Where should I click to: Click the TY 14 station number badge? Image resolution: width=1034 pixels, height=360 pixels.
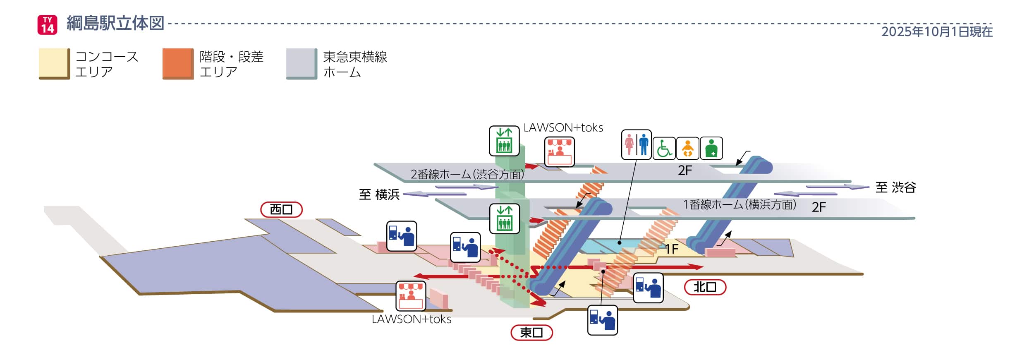[x=47, y=24]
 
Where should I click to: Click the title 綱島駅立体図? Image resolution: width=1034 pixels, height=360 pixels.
[x=115, y=23]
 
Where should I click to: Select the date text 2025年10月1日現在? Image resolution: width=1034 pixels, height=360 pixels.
[x=936, y=32]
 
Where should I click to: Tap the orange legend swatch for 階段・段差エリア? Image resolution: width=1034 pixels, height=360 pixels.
[x=178, y=64]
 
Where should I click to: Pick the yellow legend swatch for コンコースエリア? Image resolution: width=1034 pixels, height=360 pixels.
[x=54, y=64]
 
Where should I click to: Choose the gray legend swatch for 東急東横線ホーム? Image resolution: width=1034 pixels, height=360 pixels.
[x=302, y=64]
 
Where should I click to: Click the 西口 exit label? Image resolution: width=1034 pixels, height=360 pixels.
[x=281, y=210]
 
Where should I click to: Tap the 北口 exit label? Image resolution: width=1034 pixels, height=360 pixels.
[x=705, y=287]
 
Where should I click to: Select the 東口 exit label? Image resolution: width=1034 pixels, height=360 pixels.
[x=531, y=332]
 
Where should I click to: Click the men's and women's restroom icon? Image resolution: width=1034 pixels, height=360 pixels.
[x=636, y=145]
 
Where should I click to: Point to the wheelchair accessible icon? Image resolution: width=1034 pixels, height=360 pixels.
[x=664, y=149]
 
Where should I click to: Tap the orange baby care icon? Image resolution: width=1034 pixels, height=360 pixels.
[x=687, y=149]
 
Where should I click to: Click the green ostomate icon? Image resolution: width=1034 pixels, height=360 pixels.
[x=711, y=149]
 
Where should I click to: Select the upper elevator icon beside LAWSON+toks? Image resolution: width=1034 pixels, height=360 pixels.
[x=504, y=141]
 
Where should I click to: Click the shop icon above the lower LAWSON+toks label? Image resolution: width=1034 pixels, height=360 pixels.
[x=410, y=296]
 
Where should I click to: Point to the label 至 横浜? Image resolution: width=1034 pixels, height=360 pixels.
[x=379, y=194]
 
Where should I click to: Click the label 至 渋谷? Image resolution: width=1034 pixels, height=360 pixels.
[x=895, y=187]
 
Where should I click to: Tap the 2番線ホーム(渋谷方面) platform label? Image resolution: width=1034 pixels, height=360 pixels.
[x=467, y=174]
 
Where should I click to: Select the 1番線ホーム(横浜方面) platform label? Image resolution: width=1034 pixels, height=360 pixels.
[x=740, y=204]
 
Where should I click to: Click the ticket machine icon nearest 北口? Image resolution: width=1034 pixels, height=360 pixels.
[x=648, y=288]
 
